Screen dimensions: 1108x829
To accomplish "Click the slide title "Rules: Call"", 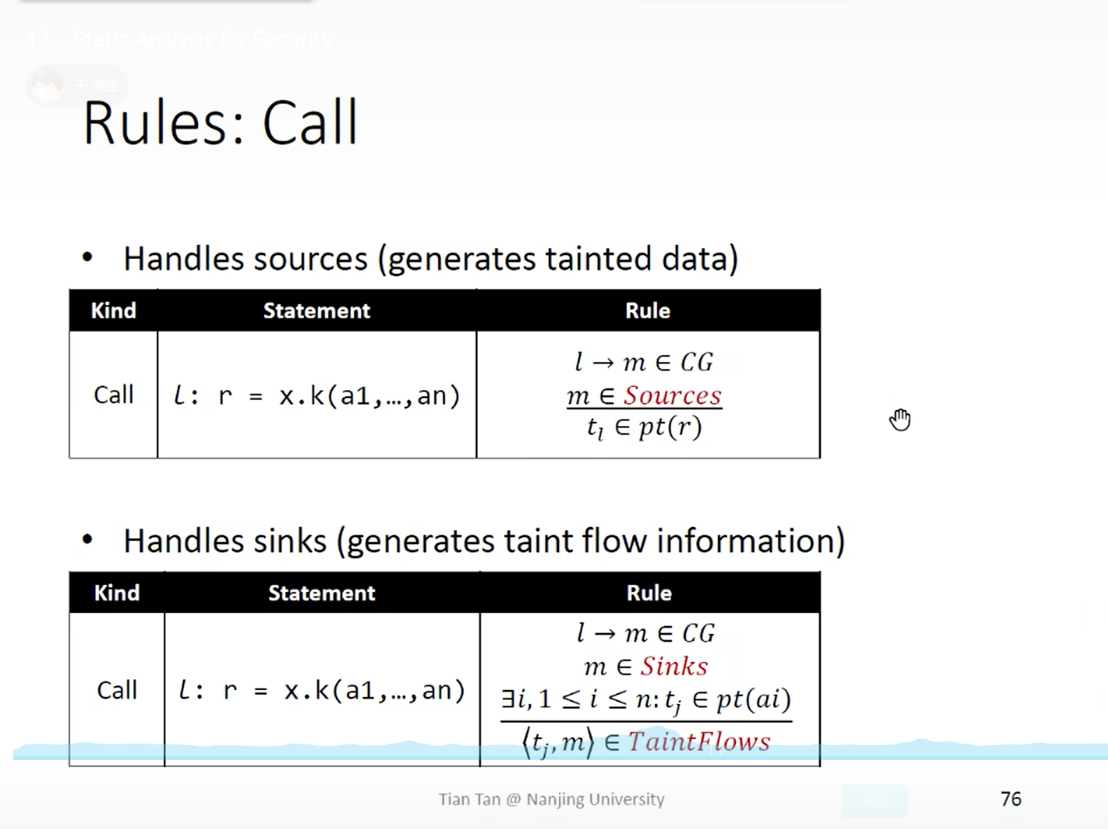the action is click(221, 123).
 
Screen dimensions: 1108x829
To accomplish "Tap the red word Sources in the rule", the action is click(672, 395).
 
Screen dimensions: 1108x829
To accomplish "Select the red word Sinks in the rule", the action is click(674, 666).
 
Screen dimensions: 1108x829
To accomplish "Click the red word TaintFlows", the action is click(699, 741).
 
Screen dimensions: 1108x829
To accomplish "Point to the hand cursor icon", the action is click(900, 420).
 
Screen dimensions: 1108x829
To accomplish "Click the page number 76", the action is click(1010, 799).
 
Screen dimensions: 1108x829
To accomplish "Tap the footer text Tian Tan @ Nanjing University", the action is click(551, 799).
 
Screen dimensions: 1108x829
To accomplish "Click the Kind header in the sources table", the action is click(113, 311).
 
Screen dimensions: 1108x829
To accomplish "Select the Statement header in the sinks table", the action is click(321, 594).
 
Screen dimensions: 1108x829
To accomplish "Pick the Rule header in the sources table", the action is click(648, 311).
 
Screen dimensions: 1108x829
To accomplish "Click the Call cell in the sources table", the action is click(113, 395).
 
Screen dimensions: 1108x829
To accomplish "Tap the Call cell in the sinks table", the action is click(116, 690).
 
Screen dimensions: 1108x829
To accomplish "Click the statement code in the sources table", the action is click(317, 396).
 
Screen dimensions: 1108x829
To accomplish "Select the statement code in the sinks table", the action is click(321, 690).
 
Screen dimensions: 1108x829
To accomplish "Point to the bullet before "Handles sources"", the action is click(88, 257).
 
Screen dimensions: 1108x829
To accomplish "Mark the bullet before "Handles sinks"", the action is click(88, 539).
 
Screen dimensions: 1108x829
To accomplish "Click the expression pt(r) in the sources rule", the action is click(670, 427).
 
